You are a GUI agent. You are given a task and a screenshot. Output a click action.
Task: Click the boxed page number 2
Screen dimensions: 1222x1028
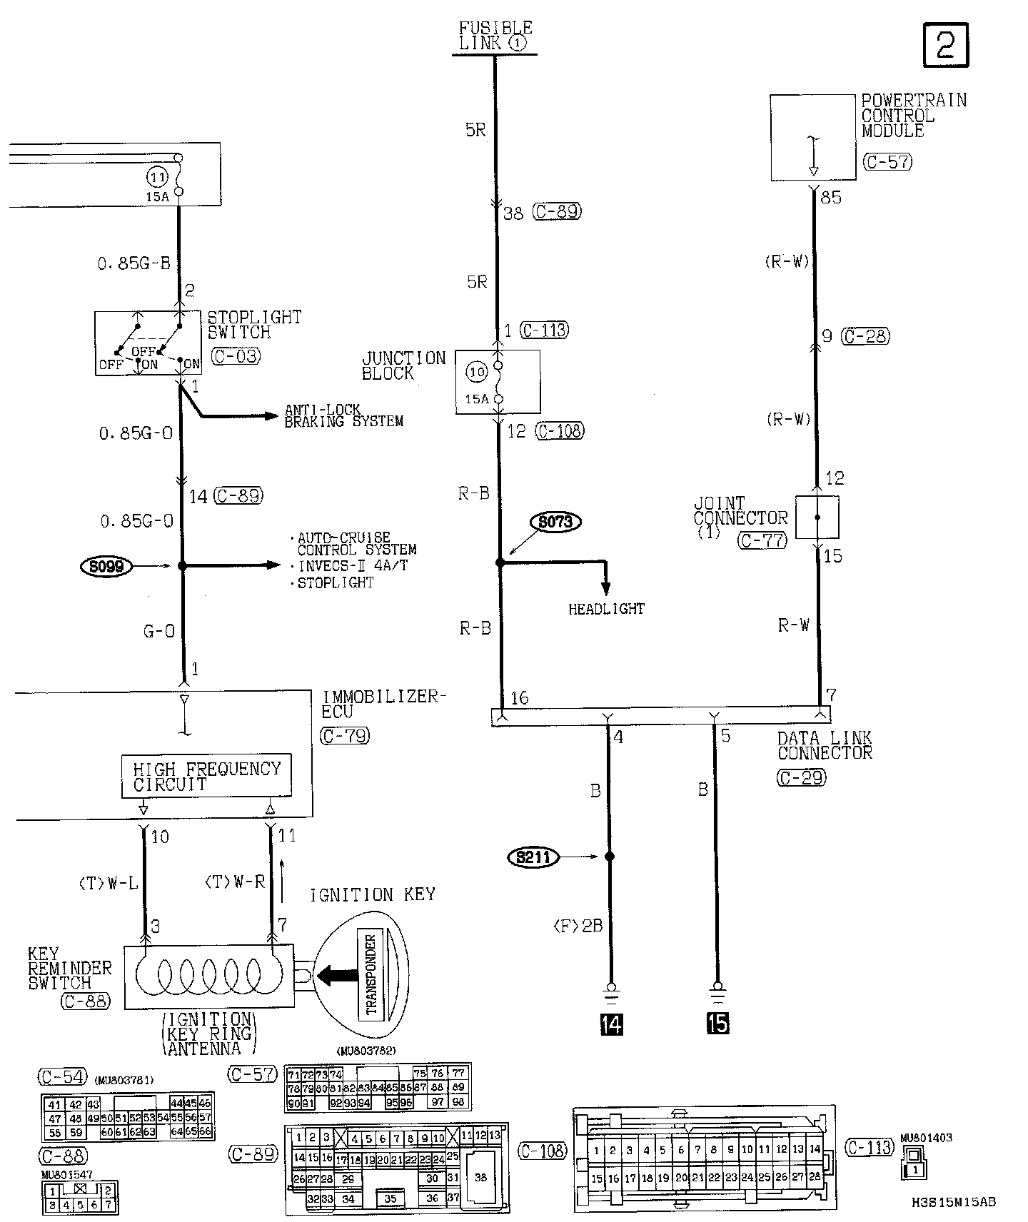(946, 45)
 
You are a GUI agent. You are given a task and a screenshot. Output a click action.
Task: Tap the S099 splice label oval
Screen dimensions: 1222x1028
(107, 567)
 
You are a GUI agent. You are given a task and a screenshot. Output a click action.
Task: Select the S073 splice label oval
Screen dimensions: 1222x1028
(555, 522)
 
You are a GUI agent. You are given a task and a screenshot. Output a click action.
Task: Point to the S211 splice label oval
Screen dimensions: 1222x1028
(533, 857)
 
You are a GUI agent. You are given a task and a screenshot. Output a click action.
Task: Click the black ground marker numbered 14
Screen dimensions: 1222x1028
(612, 1024)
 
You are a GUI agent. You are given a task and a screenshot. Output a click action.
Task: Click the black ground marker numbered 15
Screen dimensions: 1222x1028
(717, 1024)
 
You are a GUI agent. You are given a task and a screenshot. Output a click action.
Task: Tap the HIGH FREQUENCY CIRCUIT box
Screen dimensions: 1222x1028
(206, 776)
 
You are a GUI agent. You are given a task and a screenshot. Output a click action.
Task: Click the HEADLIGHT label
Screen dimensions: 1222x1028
(606, 609)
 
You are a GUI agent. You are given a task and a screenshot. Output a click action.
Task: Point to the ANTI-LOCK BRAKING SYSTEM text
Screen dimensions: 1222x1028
(343, 415)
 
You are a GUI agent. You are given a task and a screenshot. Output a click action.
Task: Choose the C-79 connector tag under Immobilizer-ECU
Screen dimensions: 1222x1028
(345, 736)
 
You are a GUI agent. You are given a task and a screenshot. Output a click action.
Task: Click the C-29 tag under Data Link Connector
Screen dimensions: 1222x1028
(801, 777)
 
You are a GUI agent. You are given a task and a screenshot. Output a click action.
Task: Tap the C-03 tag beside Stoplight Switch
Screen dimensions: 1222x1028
(236, 355)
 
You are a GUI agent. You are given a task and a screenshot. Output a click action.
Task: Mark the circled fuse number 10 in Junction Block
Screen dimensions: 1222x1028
(477, 371)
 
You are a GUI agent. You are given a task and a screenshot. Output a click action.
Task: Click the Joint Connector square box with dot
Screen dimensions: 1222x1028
(817, 517)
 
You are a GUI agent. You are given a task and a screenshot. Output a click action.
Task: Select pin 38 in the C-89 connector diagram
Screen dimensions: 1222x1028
(480, 1177)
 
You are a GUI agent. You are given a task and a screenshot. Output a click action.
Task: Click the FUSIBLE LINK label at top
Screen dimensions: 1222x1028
(495, 35)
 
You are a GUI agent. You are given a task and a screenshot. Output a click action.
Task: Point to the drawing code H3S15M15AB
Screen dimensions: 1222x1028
(953, 1201)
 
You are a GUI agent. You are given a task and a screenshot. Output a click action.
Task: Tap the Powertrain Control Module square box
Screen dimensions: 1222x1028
(813, 138)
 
